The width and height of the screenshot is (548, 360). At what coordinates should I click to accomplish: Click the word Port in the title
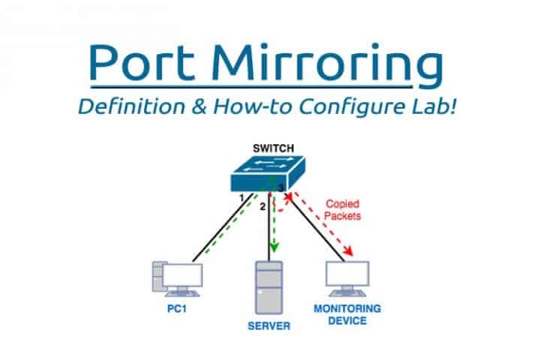(142, 62)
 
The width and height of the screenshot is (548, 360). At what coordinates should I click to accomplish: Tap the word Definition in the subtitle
(131, 106)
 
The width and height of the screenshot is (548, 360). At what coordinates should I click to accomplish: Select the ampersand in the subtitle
(199, 106)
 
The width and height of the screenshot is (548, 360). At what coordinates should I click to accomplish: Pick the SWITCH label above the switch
(273, 148)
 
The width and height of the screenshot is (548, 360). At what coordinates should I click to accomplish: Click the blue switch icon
(268, 173)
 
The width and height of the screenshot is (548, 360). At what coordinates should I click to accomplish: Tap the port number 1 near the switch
(242, 198)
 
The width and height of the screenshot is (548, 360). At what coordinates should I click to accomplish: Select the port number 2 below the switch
(263, 207)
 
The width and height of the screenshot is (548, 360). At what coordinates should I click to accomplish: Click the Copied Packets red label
(342, 210)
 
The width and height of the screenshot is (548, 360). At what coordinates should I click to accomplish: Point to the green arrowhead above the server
(274, 247)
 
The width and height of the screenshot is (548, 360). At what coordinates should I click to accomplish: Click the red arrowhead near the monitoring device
(348, 250)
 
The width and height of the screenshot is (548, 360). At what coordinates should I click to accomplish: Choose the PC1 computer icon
(178, 279)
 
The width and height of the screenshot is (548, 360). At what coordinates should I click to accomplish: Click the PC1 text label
(177, 309)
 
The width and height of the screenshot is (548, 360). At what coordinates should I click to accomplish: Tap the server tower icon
(269, 288)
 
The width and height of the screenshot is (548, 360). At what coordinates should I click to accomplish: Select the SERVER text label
(269, 326)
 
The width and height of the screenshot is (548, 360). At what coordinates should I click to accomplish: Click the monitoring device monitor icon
(348, 279)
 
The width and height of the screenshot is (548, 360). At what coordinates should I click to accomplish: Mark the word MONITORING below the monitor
(348, 309)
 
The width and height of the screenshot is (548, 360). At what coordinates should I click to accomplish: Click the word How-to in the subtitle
(252, 106)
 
